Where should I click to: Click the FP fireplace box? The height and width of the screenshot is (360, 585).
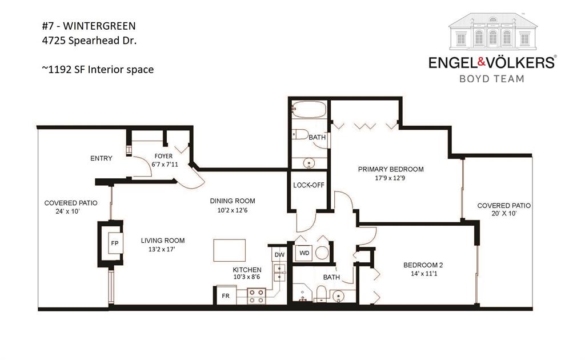tap(114, 243)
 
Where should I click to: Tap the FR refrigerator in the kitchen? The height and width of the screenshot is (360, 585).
tap(226, 296)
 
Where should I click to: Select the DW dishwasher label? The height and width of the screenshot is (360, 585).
tap(279, 255)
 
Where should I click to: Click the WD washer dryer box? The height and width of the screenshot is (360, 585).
tap(303, 252)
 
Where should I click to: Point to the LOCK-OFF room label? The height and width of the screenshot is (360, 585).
tap(308, 185)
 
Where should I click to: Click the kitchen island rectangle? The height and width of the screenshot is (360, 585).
tap(230, 250)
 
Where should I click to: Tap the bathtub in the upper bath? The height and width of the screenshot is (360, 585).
tap(308, 109)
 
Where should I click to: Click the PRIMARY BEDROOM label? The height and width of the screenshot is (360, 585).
tap(391, 169)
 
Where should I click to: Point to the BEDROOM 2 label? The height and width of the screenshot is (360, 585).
tap(423, 265)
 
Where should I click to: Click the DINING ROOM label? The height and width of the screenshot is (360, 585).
tap(232, 201)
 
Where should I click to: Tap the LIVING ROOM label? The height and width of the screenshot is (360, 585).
tap(163, 241)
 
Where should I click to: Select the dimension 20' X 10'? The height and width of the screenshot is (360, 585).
tap(504, 214)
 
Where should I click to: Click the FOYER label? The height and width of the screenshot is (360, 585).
tap(163, 156)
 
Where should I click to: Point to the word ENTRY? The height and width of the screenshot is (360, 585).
tap(101, 158)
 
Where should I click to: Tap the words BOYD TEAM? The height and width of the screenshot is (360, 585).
tap(492, 78)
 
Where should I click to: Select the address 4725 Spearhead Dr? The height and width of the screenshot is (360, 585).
tap(89, 41)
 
